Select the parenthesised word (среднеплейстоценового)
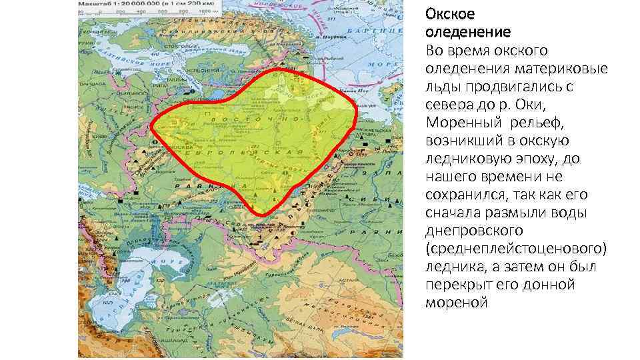[515, 249]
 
